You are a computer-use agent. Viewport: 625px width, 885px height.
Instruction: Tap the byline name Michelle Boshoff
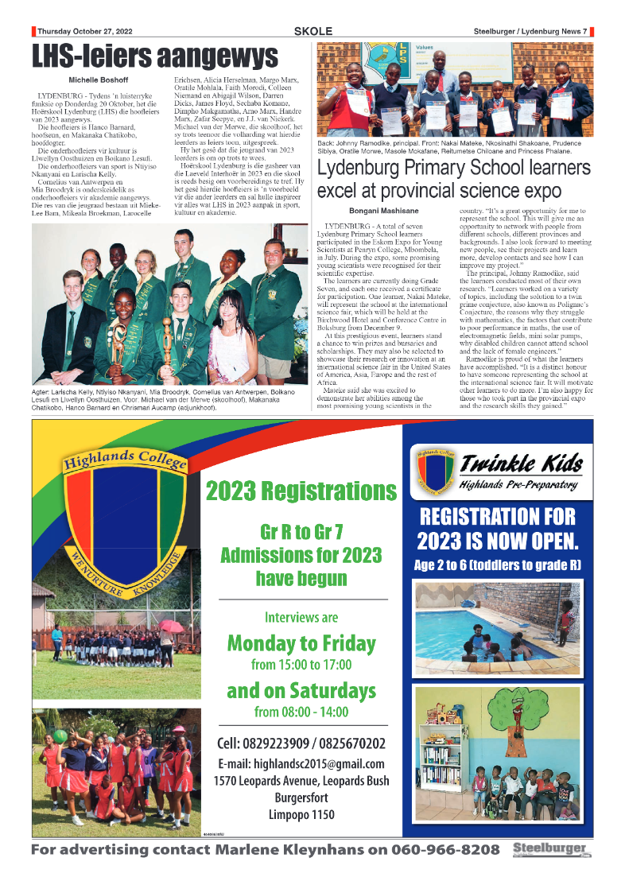coord(99,80)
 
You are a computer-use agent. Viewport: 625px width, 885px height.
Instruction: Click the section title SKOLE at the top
coord(312,31)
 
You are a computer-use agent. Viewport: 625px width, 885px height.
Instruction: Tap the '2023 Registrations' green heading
coord(301,491)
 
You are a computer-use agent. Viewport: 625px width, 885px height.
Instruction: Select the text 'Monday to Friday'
coord(301,642)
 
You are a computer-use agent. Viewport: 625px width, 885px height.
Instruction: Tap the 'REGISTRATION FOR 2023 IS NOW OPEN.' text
coord(499,530)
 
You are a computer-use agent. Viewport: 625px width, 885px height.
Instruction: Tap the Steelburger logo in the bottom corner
coord(552,850)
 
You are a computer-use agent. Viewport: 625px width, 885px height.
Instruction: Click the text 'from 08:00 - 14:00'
coord(301,712)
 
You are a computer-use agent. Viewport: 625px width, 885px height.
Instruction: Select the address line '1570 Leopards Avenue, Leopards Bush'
coord(301,781)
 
